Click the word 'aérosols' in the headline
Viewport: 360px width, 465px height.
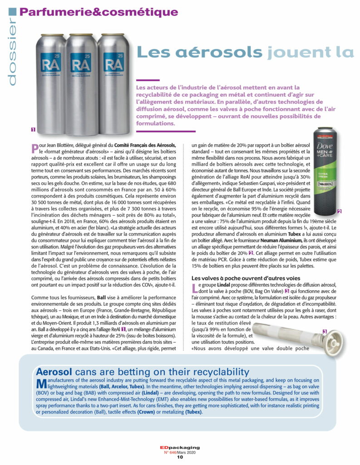point(199,52)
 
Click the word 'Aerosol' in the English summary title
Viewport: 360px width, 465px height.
point(56,371)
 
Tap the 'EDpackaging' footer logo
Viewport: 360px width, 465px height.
point(180,447)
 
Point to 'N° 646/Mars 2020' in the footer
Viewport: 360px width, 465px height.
point(180,452)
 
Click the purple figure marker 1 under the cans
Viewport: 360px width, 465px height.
point(33,129)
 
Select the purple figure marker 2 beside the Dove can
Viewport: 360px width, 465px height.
point(339,212)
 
